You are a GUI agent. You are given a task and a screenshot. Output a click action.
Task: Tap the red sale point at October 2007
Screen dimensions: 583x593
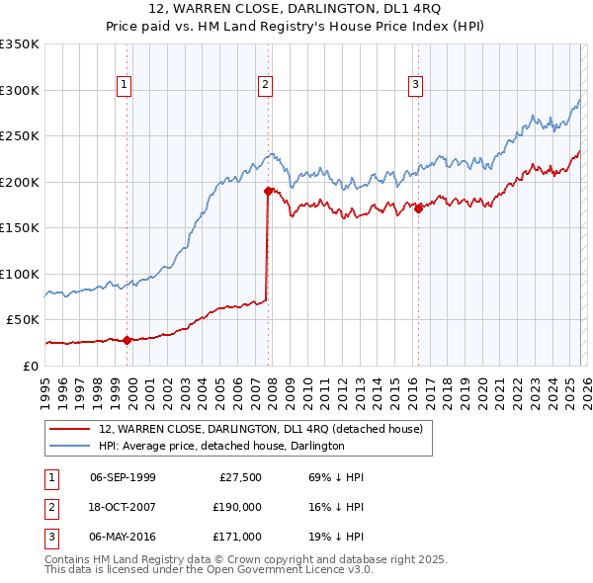coord(268,191)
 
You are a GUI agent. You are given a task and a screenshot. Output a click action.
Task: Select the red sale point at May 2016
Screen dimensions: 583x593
coord(418,208)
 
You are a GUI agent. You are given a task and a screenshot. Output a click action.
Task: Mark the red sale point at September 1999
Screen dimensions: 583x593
coord(127,340)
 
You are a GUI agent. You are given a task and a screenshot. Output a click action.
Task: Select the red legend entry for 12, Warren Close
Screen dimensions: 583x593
coord(260,429)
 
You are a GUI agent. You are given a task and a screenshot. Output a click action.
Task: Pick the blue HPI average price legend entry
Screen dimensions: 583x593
coord(220,447)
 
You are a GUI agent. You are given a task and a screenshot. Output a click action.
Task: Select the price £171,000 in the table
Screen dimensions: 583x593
coord(237,537)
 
